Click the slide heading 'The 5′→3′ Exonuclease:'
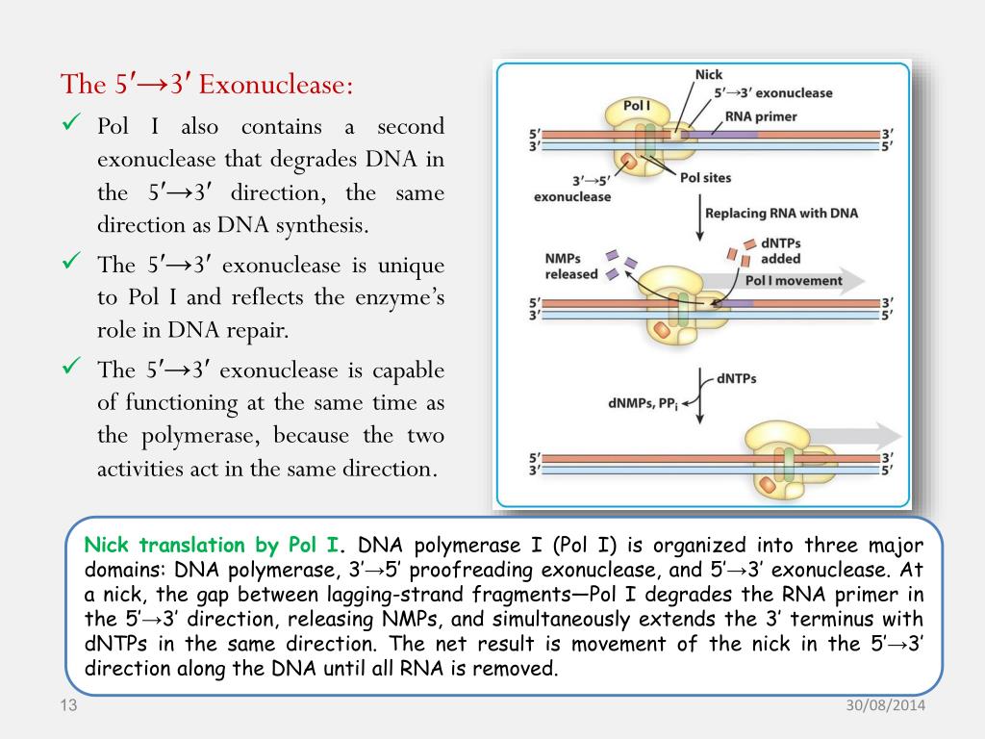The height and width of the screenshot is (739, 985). (x=207, y=85)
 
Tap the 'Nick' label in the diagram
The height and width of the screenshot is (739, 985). (x=708, y=75)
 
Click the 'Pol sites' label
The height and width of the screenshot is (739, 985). (x=705, y=177)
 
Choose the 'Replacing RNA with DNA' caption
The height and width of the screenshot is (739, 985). (x=781, y=213)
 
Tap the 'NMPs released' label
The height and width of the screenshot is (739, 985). (x=570, y=266)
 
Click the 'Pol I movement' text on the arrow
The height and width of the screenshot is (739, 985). (x=794, y=281)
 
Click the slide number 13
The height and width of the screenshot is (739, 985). (x=67, y=708)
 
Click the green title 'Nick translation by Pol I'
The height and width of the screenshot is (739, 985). (x=212, y=546)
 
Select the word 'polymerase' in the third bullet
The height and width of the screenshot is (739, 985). (x=200, y=436)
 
